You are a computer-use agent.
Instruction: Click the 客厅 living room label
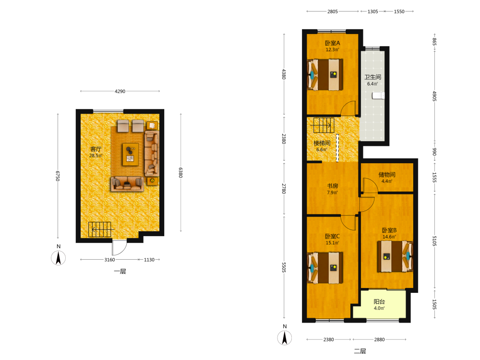(x=96, y=149)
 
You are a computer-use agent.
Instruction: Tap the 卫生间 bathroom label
(x=372, y=77)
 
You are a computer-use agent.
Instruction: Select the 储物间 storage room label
(x=387, y=175)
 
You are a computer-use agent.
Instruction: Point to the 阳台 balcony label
(x=379, y=301)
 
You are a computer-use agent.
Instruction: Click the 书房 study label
(x=333, y=186)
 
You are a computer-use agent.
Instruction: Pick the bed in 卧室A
(x=325, y=75)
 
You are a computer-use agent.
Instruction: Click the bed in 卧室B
(x=395, y=256)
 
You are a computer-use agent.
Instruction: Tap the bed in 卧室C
(x=325, y=268)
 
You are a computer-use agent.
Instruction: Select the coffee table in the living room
(x=131, y=155)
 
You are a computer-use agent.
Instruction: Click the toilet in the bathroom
(x=378, y=96)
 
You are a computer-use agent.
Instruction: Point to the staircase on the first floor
(x=100, y=229)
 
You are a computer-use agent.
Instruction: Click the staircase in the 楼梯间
(x=324, y=125)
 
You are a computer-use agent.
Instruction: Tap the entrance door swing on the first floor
(x=120, y=248)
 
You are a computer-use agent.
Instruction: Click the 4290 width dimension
(x=120, y=91)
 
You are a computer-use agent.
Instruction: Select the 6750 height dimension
(x=58, y=176)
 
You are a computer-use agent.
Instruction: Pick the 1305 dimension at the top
(x=372, y=12)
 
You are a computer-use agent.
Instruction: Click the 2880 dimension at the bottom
(x=379, y=339)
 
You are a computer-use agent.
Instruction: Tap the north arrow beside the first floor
(x=58, y=258)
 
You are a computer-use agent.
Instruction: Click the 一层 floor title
(x=120, y=271)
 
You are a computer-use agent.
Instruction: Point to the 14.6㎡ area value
(x=389, y=237)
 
